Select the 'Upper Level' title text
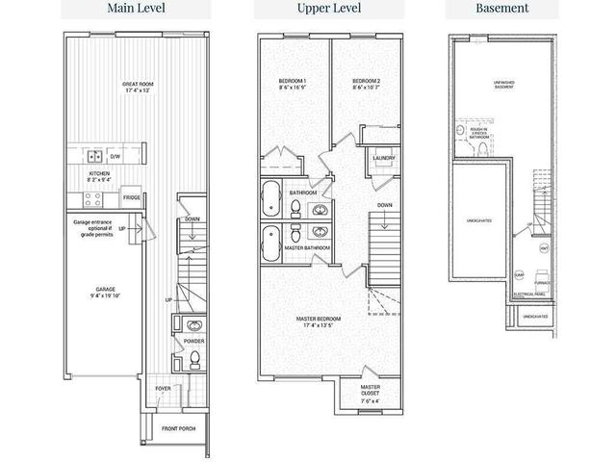click(309, 9)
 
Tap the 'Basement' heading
click(501, 9)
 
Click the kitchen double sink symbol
click(95, 155)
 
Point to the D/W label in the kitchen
click(115, 156)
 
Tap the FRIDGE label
click(132, 197)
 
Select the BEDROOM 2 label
click(367, 82)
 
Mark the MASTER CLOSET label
click(371, 392)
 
